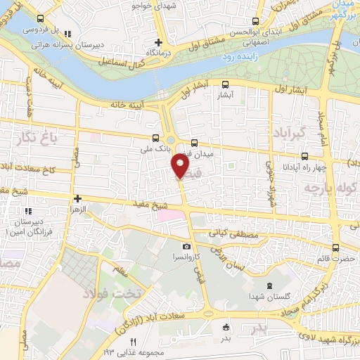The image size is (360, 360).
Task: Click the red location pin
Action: (x=180, y=165)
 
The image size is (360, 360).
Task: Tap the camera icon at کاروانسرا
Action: (x=186, y=246)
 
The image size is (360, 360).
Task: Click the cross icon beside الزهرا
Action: (x=77, y=199)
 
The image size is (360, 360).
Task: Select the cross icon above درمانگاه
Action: (x=159, y=42)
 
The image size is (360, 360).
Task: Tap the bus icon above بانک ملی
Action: (x=155, y=138)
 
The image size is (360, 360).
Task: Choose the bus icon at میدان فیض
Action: (x=205, y=142)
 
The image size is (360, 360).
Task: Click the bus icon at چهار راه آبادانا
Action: (x=304, y=157)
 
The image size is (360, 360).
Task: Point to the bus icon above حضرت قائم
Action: (x=335, y=247)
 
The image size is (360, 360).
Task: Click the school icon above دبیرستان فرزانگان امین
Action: (x=27, y=210)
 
